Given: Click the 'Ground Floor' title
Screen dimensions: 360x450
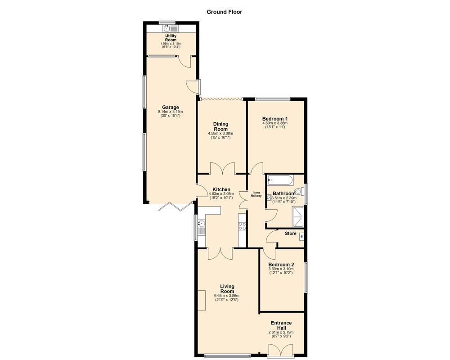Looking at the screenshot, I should pos(224,12).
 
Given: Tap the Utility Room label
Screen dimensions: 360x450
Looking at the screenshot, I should pos(171,38).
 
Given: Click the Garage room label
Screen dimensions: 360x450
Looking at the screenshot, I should pos(171,107).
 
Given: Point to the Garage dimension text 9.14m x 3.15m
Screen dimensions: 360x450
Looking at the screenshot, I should pos(170,112).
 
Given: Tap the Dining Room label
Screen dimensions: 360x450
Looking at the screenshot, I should pos(220,126).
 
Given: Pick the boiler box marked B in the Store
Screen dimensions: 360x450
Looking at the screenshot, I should pos(301,237).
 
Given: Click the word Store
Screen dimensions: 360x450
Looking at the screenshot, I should pos(290,234).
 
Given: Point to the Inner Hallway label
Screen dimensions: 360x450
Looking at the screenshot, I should pos(256,194).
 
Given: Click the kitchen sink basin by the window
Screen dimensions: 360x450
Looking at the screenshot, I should pos(201,224).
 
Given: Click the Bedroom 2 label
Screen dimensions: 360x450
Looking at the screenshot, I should pos(281,265).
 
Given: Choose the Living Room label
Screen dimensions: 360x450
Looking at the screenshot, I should pos(227,288).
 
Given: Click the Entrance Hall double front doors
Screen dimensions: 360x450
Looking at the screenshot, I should pos(280,350).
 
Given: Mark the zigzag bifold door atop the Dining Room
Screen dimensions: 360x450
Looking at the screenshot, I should pos(221,99).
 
